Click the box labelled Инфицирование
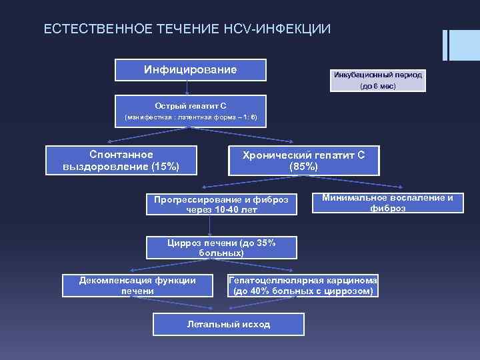point(190,70)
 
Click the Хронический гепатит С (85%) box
point(303,161)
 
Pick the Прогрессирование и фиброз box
point(221,205)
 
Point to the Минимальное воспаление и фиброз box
point(387,203)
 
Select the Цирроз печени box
point(221,248)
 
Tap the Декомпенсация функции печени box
point(137,285)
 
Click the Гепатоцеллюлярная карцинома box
point(303,286)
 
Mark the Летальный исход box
point(228,324)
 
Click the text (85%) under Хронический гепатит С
point(303,167)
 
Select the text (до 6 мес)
point(377,87)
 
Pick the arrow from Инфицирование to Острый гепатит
point(187,87)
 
